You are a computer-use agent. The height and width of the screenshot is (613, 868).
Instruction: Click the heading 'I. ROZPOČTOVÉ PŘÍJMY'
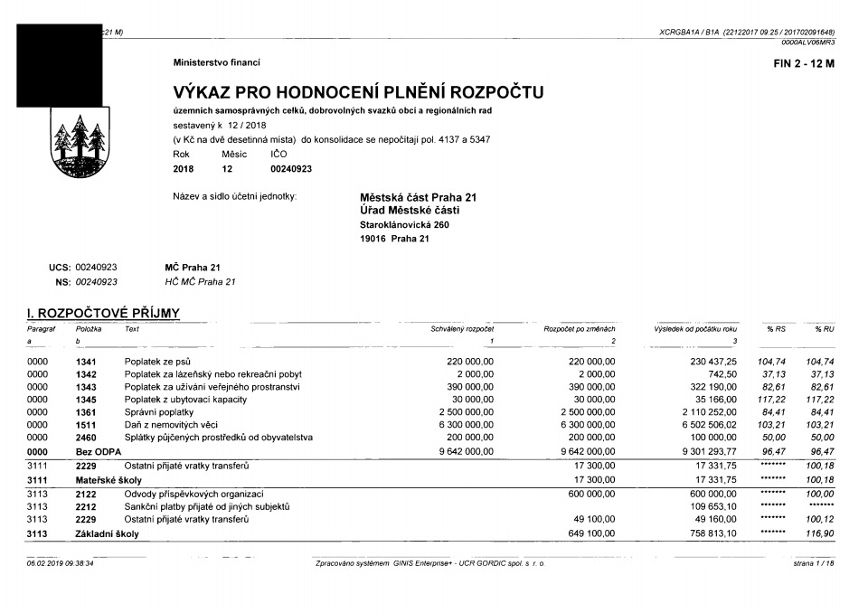tap(103, 314)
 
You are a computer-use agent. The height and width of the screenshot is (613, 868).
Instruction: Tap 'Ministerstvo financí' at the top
tap(216, 62)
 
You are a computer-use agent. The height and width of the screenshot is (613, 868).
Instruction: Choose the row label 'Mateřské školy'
tap(108, 479)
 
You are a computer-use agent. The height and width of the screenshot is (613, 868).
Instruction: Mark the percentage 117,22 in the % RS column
tap(772, 399)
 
